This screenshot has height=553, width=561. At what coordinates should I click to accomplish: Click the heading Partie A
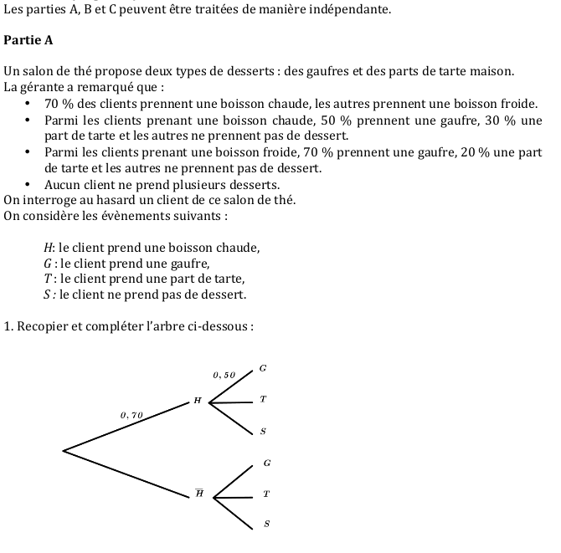[x=28, y=39]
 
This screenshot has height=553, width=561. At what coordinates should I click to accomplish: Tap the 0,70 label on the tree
[x=132, y=414]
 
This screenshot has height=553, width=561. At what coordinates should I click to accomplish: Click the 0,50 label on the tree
[x=225, y=375]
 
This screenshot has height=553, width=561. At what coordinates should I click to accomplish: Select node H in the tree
[x=198, y=402]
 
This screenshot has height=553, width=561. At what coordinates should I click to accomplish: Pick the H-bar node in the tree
[x=199, y=494]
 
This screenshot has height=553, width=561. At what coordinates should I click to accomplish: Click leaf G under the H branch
[x=262, y=368]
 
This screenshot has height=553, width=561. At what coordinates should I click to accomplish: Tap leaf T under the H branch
[x=263, y=401]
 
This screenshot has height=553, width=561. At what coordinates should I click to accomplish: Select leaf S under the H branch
[x=263, y=432]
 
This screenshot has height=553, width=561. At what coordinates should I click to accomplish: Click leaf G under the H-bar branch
[x=266, y=463]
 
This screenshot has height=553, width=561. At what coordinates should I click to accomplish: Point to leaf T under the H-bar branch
[x=266, y=494]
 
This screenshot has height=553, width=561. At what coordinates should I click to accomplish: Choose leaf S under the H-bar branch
[x=266, y=525]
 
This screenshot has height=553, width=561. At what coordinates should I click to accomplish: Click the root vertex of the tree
[x=64, y=452]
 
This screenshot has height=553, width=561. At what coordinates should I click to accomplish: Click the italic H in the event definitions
[x=48, y=248]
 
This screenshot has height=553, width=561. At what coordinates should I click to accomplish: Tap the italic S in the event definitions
[x=47, y=294]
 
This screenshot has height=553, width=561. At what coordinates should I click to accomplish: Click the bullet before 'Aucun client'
[x=28, y=185]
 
